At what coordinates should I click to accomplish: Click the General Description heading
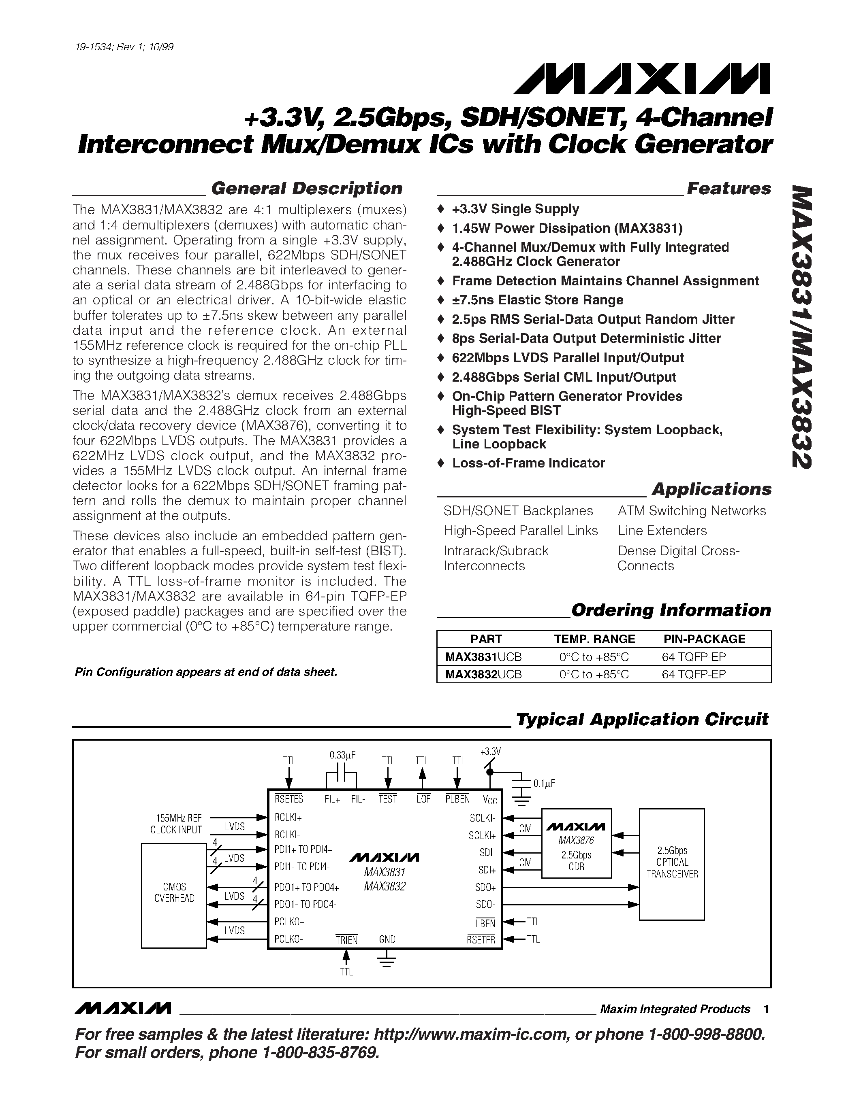tap(307, 189)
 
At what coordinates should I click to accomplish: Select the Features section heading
tap(729, 189)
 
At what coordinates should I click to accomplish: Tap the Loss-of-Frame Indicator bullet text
tap(528, 463)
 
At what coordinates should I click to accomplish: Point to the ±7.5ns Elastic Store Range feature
tap(538, 300)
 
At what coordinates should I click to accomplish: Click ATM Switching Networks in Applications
tap(692, 511)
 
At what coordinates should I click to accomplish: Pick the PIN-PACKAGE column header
tap(704, 639)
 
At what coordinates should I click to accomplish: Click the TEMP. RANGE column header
tap(594, 639)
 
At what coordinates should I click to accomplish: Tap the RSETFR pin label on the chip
tap(481, 940)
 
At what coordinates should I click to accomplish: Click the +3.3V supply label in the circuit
tap(491, 752)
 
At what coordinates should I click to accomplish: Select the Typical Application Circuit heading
tap(642, 720)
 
